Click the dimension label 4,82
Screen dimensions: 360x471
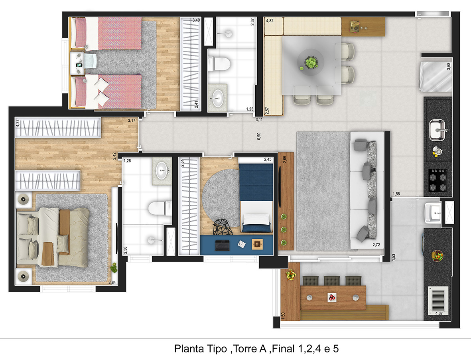click(270, 21)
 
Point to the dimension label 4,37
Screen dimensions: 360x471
click(439, 313)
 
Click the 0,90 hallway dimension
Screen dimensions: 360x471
click(259, 136)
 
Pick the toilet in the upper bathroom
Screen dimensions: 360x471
click(219, 64)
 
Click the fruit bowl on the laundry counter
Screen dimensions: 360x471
click(437, 255)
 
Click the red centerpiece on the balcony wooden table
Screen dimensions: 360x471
click(332, 297)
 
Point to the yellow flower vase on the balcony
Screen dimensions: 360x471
click(290, 275)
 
